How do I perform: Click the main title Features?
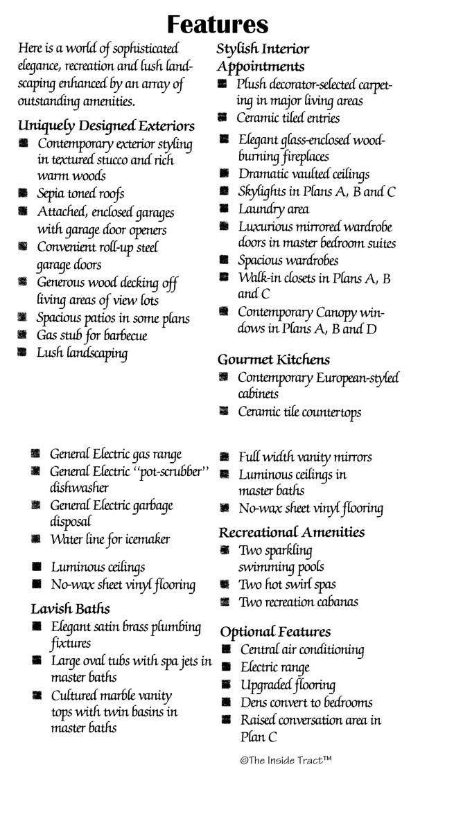click(218, 25)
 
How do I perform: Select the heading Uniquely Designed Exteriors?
click(106, 126)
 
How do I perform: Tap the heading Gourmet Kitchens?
click(273, 360)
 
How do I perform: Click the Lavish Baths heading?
click(70, 609)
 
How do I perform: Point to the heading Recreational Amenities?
click(292, 532)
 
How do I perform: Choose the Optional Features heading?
click(275, 632)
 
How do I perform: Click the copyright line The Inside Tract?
click(286, 760)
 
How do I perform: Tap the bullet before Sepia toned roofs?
click(24, 193)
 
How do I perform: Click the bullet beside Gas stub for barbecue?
click(24, 335)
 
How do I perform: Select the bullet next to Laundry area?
click(224, 208)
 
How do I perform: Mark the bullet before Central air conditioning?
click(226, 649)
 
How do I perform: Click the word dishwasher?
click(79, 488)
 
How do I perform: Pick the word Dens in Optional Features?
click(254, 703)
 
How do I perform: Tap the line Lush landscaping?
click(82, 353)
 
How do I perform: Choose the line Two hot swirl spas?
click(287, 584)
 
